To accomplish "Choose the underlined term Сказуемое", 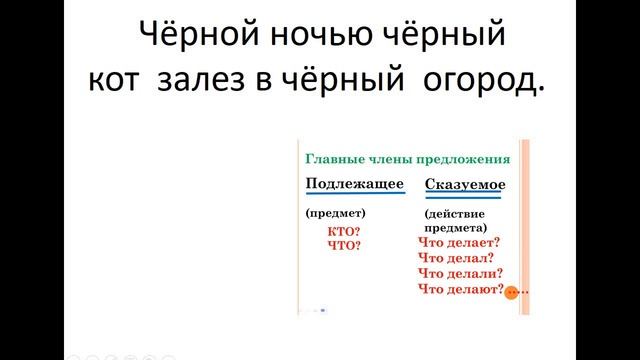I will (465, 185).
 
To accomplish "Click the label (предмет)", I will (336, 213).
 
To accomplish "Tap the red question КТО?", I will (343, 231).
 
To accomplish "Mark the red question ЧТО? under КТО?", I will (343, 244).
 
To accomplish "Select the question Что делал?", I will (456, 258).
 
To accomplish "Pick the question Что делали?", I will (460, 273).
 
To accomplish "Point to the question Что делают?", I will (460, 289).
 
